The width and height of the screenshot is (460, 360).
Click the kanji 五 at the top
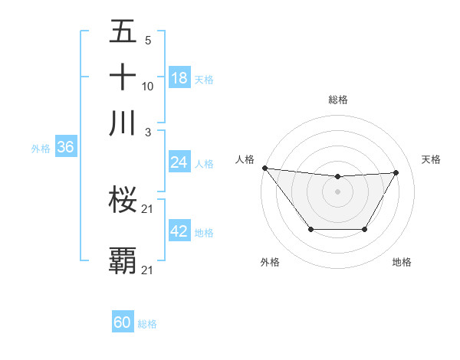pos(123,32)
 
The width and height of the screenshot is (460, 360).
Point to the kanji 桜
pos(123,200)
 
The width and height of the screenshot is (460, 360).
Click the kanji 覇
pos(123,260)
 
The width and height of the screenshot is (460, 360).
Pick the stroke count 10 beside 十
pos(148,86)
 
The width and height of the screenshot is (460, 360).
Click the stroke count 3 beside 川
pos(148,132)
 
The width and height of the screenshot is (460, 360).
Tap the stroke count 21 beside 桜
pos(149,209)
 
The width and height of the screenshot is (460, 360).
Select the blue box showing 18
pos(179,77)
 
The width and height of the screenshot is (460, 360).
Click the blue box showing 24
pos(179,162)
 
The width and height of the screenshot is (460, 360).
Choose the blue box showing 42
pos(179,231)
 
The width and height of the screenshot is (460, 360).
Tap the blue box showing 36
pos(65,148)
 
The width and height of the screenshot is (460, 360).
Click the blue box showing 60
pos(123,322)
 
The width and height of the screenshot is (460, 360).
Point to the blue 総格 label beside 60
pos(147,324)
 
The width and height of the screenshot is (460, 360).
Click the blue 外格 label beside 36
pos(41,149)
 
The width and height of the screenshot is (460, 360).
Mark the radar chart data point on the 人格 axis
pos(264,168)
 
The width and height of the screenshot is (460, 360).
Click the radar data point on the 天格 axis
pos(396,172)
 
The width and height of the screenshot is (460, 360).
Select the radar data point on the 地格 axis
pos(365,229)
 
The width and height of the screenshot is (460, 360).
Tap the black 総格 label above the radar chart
pos(338,100)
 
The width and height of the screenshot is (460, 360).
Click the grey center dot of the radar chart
pos(338,191)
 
